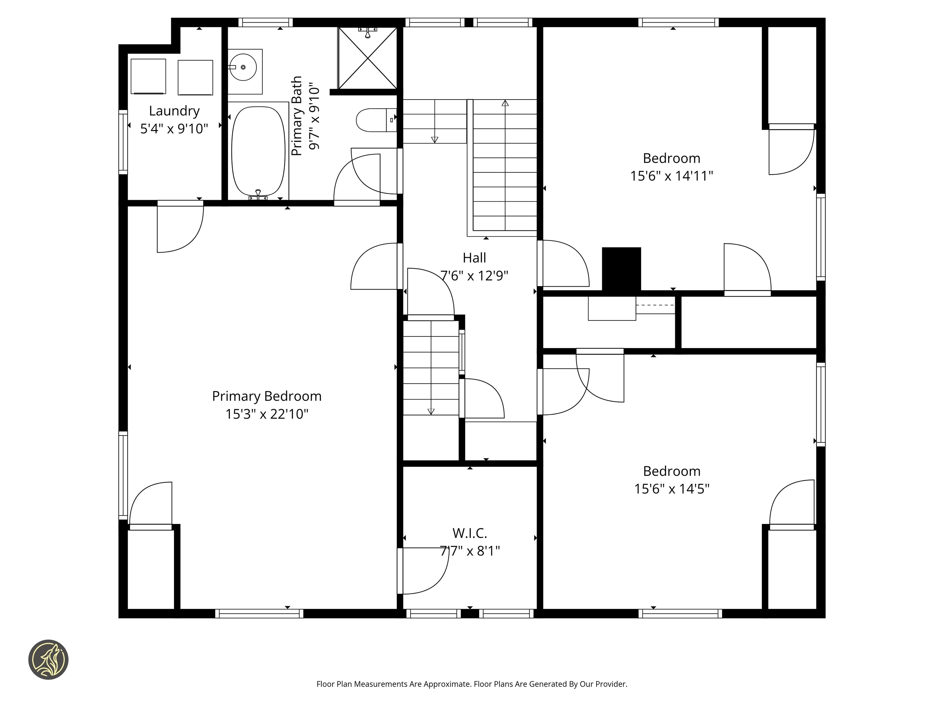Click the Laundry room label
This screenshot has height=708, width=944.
point(174,111)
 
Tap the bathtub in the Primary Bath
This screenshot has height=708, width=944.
point(258,151)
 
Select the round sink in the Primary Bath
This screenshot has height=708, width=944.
point(242,67)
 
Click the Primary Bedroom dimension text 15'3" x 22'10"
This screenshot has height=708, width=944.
point(267,414)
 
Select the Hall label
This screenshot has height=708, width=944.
point(474,258)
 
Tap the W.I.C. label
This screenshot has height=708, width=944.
point(470,533)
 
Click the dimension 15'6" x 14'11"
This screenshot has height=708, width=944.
point(671,176)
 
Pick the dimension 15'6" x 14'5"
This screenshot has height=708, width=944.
point(671,489)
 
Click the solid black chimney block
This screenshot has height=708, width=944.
point(621,269)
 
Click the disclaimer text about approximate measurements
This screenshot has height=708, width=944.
point(472,684)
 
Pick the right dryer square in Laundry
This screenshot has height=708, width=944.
point(195,77)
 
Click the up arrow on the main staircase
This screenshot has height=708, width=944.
point(505,103)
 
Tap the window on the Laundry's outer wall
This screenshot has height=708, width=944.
point(123,142)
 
